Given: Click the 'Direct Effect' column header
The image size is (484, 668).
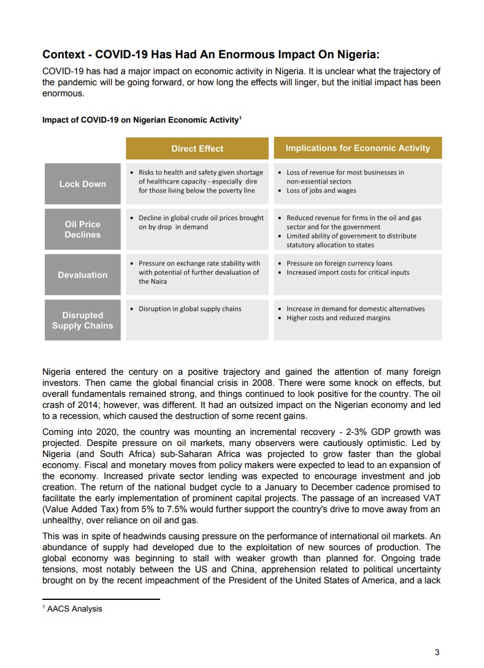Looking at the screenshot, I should (197, 148).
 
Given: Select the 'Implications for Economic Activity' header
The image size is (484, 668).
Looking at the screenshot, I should (358, 148).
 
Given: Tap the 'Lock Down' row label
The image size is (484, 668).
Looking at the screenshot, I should (82, 184).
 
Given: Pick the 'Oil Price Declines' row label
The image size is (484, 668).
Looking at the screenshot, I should (82, 229).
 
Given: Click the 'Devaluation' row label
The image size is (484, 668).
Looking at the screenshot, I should (82, 275).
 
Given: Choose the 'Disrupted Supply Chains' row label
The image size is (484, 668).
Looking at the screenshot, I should (82, 320).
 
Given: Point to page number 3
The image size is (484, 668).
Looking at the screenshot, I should (437, 652).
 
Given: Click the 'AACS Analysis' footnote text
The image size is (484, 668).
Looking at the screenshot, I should (74, 609).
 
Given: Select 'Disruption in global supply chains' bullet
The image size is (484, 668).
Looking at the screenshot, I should (190, 309).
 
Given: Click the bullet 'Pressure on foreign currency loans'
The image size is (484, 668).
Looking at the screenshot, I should (339, 264).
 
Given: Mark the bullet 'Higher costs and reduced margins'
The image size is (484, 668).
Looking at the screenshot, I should (338, 318).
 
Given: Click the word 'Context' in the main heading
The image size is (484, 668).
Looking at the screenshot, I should (63, 55).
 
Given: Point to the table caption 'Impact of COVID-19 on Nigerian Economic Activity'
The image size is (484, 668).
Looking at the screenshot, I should (140, 120).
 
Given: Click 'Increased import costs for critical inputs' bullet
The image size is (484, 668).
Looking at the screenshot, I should (348, 272).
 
